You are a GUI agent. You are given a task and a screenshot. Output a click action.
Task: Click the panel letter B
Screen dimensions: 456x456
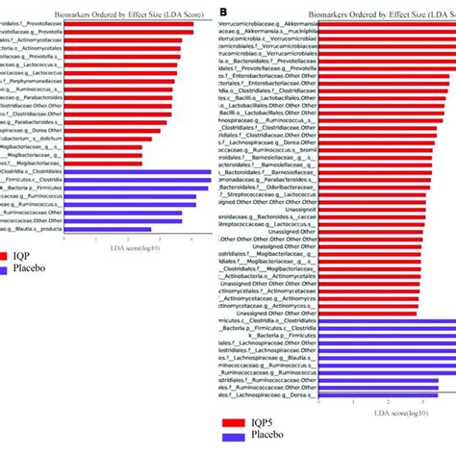click(224, 12)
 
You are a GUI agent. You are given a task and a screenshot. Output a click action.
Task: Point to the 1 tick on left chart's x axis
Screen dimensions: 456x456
click(96, 238)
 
